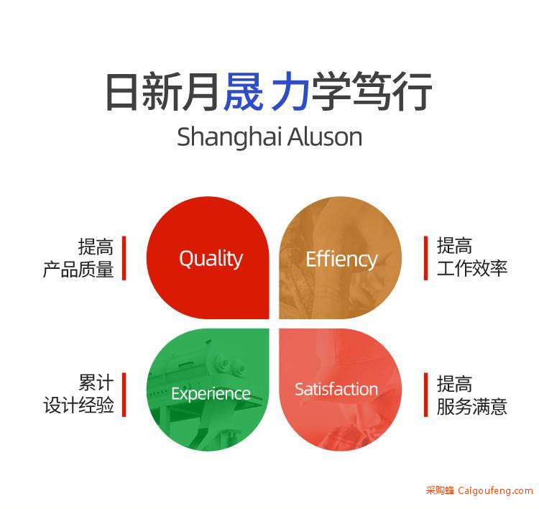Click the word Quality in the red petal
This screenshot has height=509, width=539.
coord(211,259)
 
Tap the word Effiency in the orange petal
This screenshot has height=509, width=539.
coord(341,260)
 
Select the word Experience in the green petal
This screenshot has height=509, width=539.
coord(211,394)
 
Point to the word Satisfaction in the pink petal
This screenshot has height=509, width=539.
coord(336,390)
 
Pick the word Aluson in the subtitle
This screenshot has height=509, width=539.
coord(325,137)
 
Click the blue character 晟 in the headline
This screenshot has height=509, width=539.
coord(244,91)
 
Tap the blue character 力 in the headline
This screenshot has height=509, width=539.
coord(291,91)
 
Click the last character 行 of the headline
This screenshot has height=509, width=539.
coord(413,91)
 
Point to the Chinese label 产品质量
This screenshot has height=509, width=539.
coord(78,270)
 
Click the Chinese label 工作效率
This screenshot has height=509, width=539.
coord(472,269)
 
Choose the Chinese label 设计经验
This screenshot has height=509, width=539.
coord(78,405)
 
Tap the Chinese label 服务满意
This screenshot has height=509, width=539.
coord(472,406)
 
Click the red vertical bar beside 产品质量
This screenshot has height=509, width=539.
coord(124,258)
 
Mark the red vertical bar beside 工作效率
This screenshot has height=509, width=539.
coord(426,258)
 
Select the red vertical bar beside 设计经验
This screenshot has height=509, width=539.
coord(124,395)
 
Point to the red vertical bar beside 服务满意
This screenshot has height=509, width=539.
coord(426,395)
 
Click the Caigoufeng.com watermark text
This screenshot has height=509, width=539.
coord(495,491)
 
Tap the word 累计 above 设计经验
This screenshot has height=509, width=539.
coord(96,382)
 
